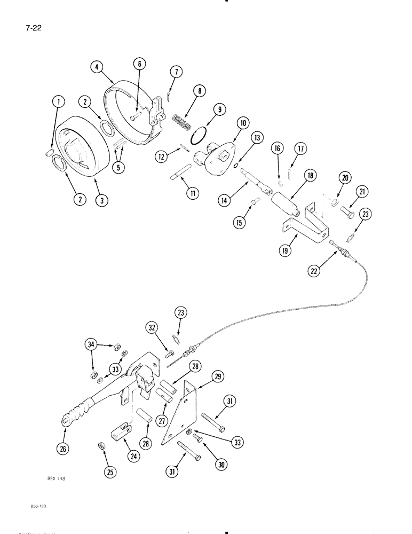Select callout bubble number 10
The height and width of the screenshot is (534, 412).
pyautogui.click(x=243, y=124)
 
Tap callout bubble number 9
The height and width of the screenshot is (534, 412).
pyautogui.click(x=219, y=110)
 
